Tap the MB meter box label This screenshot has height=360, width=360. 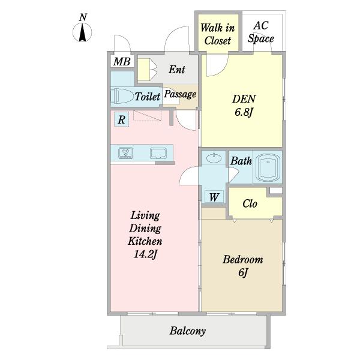tap(122, 62)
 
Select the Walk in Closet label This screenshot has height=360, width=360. tap(218, 34)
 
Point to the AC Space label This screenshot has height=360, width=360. tap(261, 32)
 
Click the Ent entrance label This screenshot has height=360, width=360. tap(177, 70)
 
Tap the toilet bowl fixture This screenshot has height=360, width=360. tap(122, 96)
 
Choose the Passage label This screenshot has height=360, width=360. tap(180, 94)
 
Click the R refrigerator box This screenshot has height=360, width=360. tap(121, 119)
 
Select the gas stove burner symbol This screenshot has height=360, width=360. tap(125, 153)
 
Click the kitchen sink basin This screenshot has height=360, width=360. tap(158, 153)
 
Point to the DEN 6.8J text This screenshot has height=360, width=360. tap(244, 106)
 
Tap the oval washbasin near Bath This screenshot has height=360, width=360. tap(214, 158)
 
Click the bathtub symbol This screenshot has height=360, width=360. tap(268, 167)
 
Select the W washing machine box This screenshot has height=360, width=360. tap(214, 197)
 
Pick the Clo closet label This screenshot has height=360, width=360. tap(250, 203)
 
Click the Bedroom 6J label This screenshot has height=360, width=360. tap(243, 266)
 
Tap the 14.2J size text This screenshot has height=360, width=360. tap(145, 254)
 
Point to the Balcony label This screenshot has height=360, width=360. tap(188, 331)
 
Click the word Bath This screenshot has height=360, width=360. tap(241, 161)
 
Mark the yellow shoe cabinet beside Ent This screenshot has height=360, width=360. tap(144, 70)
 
